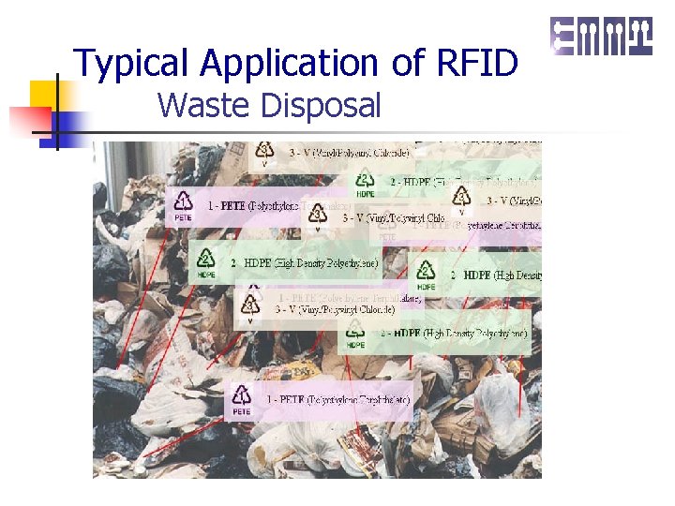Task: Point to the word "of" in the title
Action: tap(410, 63)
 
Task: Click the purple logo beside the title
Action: tap(601, 37)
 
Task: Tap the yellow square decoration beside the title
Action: tap(44, 95)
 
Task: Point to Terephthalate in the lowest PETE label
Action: tap(375, 400)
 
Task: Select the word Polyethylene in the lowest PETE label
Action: tap(314, 400)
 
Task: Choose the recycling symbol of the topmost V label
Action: tap(265, 150)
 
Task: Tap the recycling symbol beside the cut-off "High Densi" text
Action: tap(426, 272)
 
